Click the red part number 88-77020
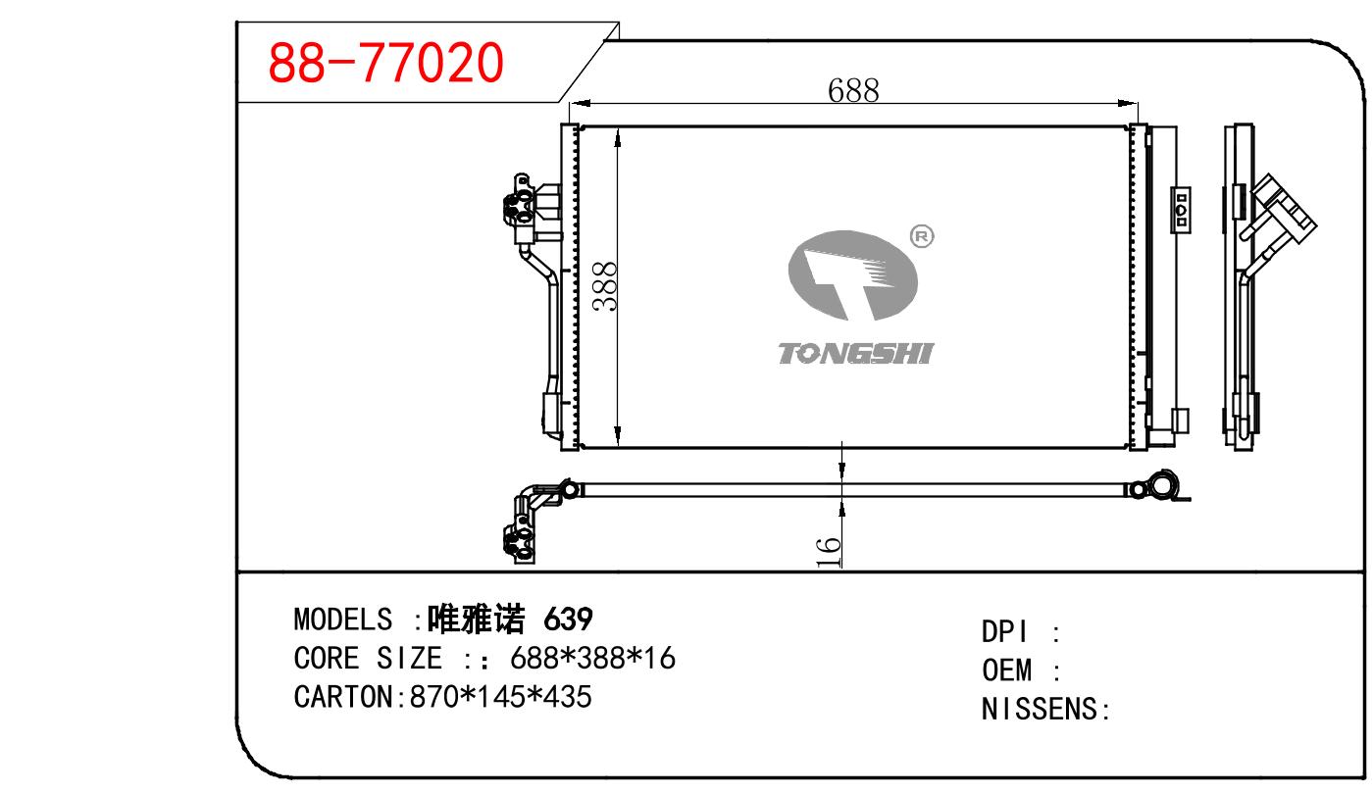tap(385, 63)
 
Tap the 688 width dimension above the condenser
tap(853, 90)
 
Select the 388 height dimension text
tap(605, 286)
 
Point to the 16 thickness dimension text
tap(828, 552)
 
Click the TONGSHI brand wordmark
tap(856, 354)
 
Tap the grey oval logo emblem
tap(853, 275)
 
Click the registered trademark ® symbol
tap(922, 236)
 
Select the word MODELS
tap(343, 620)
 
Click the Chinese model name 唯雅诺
tap(476, 619)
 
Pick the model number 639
tap(568, 620)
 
